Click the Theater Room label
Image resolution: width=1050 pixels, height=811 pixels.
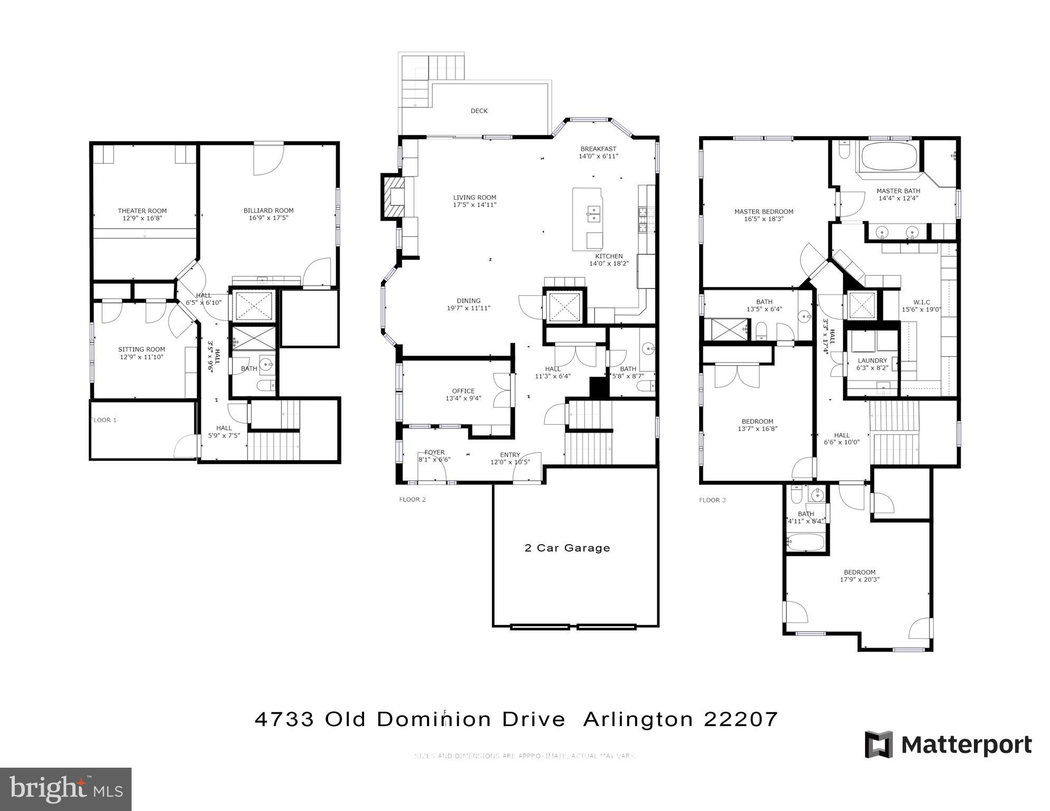pyautogui.click(x=142, y=211)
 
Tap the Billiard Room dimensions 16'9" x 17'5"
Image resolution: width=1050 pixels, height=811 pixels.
pyautogui.click(x=268, y=218)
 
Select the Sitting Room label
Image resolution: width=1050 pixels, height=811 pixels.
pyautogui.click(x=141, y=349)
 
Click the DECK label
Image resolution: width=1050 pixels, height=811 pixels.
pyautogui.click(x=479, y=111)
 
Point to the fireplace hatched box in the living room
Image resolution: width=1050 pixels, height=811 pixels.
pyautogui.click(x=393, y=197)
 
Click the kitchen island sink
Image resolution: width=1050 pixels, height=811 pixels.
pyautogui.click(x=593, y=215)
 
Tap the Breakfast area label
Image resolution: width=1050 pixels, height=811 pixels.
pyautogui.click(x=598, y=149)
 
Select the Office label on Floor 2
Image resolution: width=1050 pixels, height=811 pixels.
pyautogui.click(x=463, y=391)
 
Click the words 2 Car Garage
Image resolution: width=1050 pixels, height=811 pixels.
pyautogui.click(x=567, y=548)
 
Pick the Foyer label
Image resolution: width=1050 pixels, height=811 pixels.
pyautogui.click(x=434, y=452)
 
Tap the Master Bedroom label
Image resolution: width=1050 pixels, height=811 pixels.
pyautogui.click(x=764, y=212)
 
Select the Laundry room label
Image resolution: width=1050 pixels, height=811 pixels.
pyautogui.click(x=872, y=361)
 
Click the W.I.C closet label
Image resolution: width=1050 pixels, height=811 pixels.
pyautogui.click(x=922, y=303)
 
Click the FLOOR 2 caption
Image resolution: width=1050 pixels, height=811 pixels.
pyautogui.click(x=412, y=499)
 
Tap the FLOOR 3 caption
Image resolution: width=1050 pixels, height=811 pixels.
pyautogui.click(x=712, y=500)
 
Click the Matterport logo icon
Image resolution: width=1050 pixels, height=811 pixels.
pyautogui.click(x=878, y=744)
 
